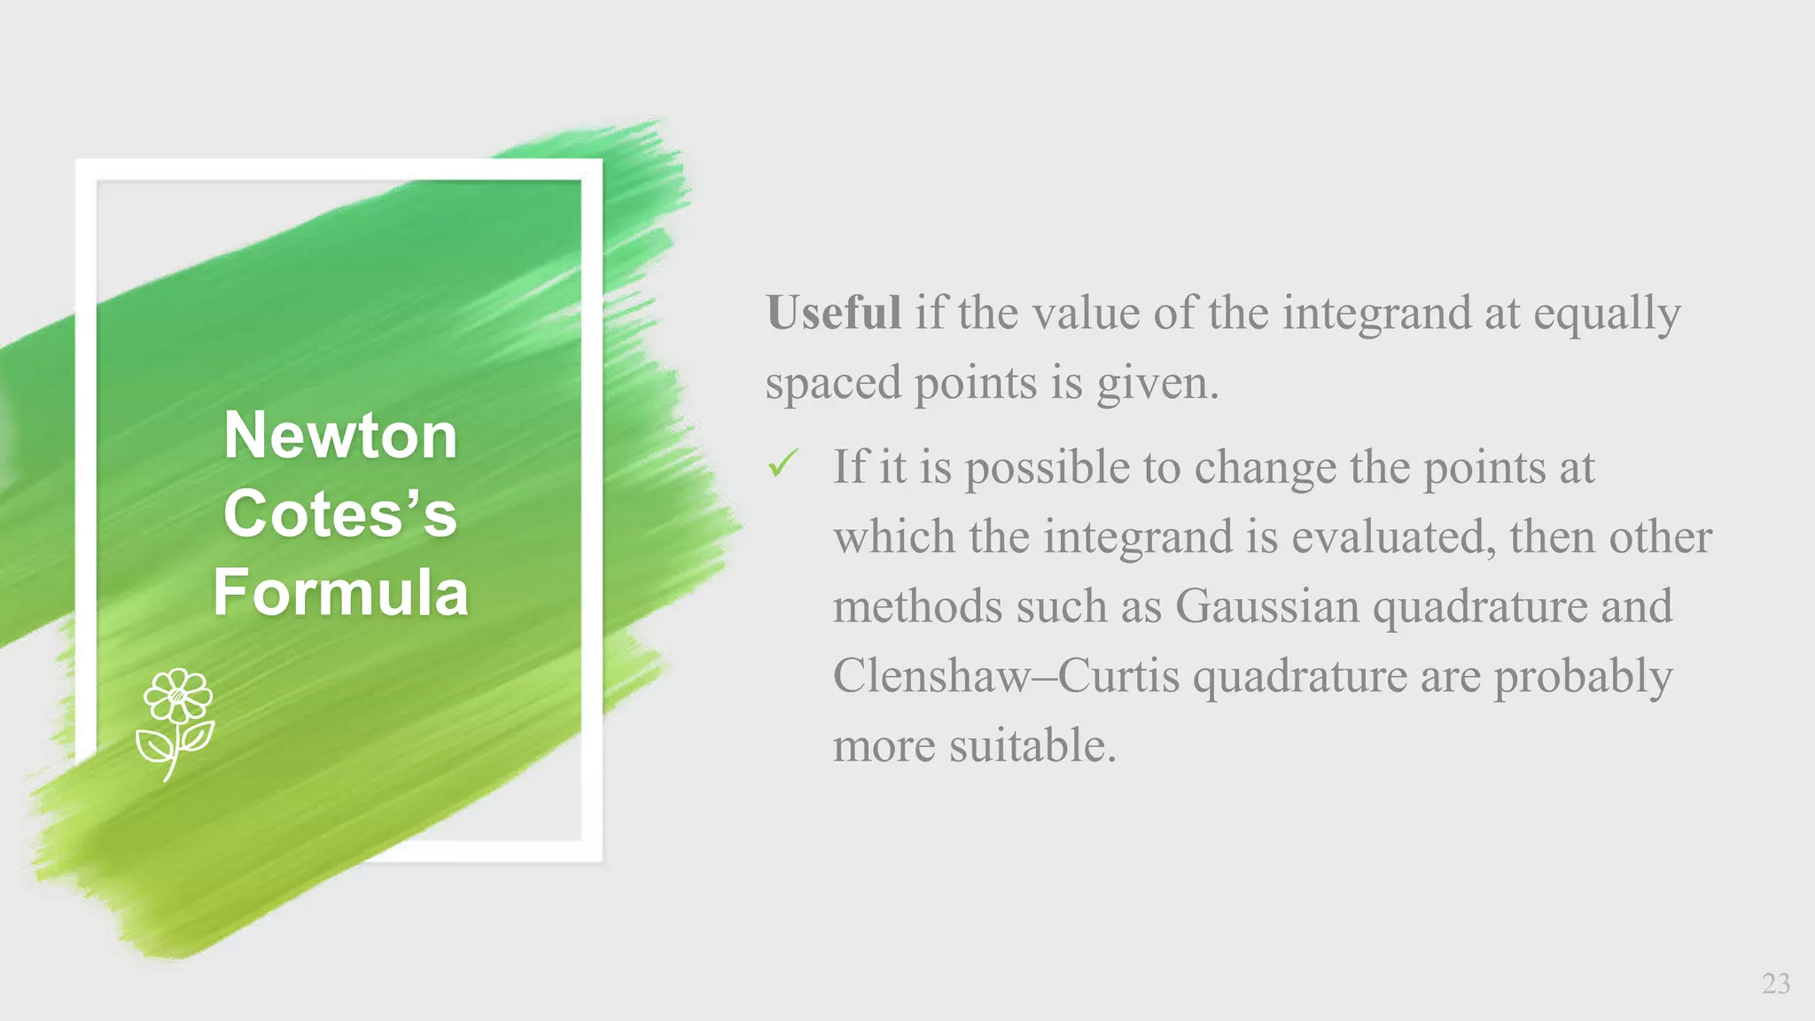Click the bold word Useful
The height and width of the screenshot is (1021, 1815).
(833, 313)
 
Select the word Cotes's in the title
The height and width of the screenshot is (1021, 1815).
(340, 513)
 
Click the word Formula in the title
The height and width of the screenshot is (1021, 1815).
(340, 592)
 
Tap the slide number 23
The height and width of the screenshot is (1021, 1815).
(1775, 984)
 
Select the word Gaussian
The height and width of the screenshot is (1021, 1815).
(1266, 607)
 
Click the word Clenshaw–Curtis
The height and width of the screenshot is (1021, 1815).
(1006, 676)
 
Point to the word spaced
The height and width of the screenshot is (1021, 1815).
(833, 384)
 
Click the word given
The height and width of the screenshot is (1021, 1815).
(1157, 384)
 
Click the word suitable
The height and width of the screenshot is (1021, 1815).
(1032, 745)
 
